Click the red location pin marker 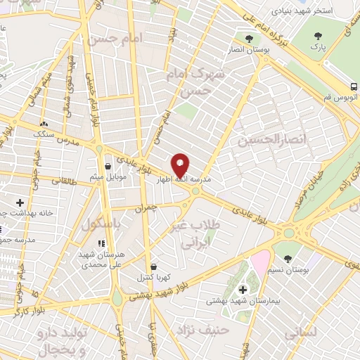coord(181,165)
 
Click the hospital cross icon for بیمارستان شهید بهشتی coord(243,289)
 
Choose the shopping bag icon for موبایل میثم coord(108,167)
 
